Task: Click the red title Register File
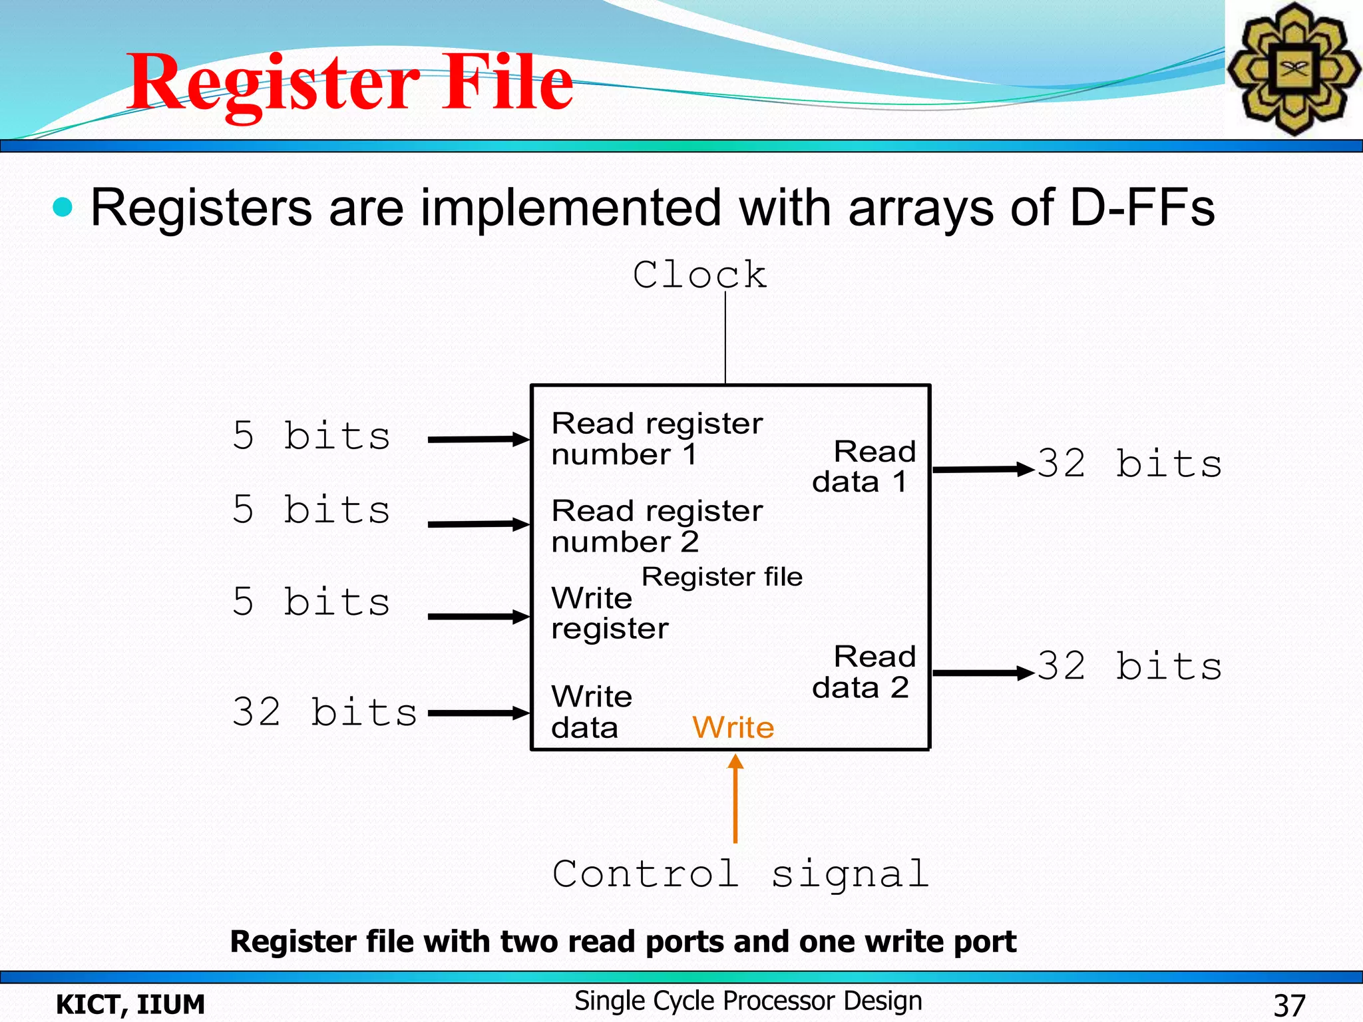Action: click(351, 83)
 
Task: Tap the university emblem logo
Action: click(1293, 69)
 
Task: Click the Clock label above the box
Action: click(699, 275)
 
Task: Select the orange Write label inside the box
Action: click(733, 727)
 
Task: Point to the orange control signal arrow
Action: click(735, 798)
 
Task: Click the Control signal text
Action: click(740, 874)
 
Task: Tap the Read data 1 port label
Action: click(864, 466)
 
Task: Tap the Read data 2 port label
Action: click(864, 672)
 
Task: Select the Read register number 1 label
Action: click(657, 439)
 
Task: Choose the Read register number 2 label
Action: click(657, 526)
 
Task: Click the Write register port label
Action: click(609, 613)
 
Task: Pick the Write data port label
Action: click(591, 712)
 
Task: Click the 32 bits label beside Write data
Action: click(324, 712)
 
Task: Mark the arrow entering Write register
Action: click(478, 617)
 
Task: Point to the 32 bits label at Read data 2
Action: click(1129, 666)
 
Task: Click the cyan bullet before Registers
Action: click(63, 207)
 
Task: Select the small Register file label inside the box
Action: click(722, 577)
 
